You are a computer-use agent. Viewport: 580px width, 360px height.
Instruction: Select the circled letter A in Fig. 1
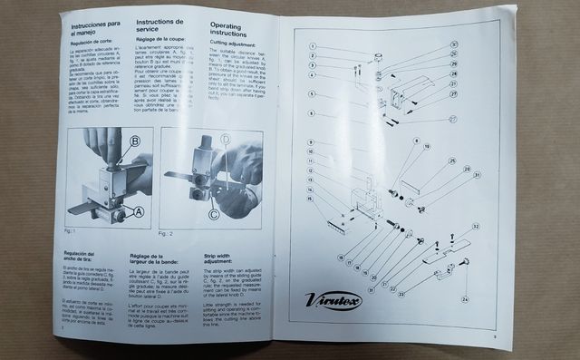click(138, 211)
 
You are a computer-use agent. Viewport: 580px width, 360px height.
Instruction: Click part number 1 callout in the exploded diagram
click(311, 45)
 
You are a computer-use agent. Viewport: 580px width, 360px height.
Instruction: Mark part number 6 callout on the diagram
click(311, 113)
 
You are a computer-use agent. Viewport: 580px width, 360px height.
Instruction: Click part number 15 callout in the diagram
click(311, 198)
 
